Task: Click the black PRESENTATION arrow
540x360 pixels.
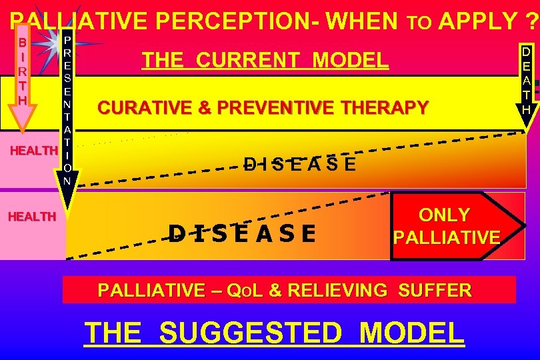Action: click(x=67, y=113)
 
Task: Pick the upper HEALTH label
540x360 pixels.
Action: click(x=33, y=151)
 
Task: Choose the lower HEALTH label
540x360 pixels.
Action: click(x=32, y=217)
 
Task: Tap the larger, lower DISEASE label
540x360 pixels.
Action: click(x=242, y=233)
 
